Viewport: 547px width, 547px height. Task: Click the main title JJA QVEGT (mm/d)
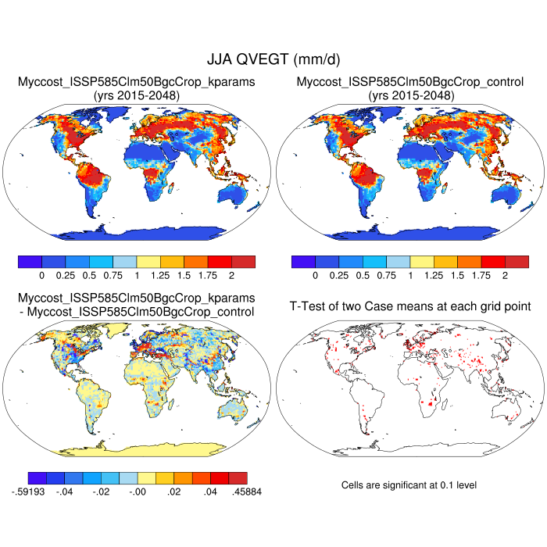point(273,59)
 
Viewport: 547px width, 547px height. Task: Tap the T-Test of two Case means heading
point(410,306)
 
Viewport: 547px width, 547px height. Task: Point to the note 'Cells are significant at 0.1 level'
point(409,485)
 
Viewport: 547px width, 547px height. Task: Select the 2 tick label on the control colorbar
point(505,276)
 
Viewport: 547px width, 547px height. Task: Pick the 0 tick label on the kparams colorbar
point(41,276)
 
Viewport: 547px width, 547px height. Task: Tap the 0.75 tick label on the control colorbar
point(386,276)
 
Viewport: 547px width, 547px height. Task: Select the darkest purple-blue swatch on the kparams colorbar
point(29,261)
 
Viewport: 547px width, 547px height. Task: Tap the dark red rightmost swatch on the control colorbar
point(517,261)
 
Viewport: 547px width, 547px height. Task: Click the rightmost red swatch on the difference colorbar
point(238,477)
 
